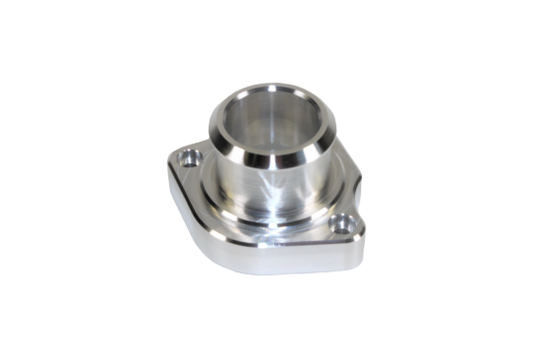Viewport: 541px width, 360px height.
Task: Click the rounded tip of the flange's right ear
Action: click(x=362, y=229)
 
